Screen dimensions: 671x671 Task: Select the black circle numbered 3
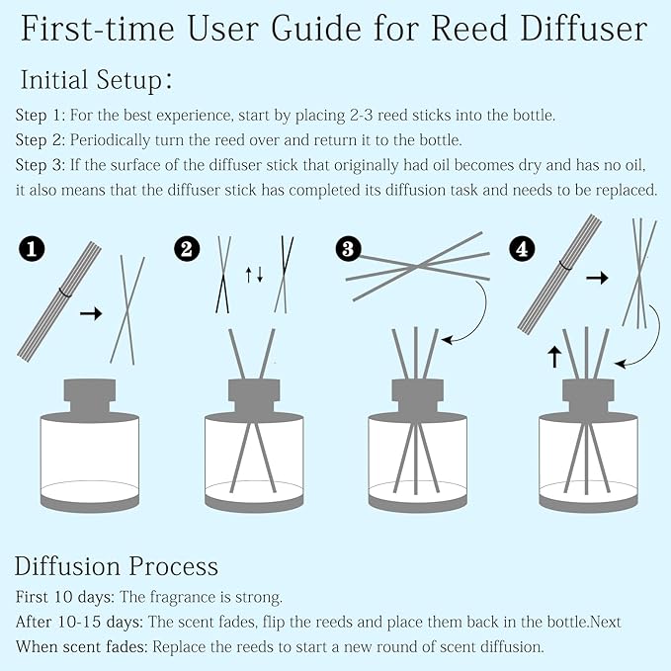347,249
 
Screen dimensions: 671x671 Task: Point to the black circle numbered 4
523,249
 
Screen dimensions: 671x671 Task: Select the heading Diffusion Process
117,566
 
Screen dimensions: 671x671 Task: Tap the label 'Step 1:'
42,115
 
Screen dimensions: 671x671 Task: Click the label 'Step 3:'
42,165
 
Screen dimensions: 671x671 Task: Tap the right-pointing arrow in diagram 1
91,313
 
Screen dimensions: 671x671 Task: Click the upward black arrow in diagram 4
554,357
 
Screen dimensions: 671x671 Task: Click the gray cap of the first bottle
91,394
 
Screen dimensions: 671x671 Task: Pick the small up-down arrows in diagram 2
254,274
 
